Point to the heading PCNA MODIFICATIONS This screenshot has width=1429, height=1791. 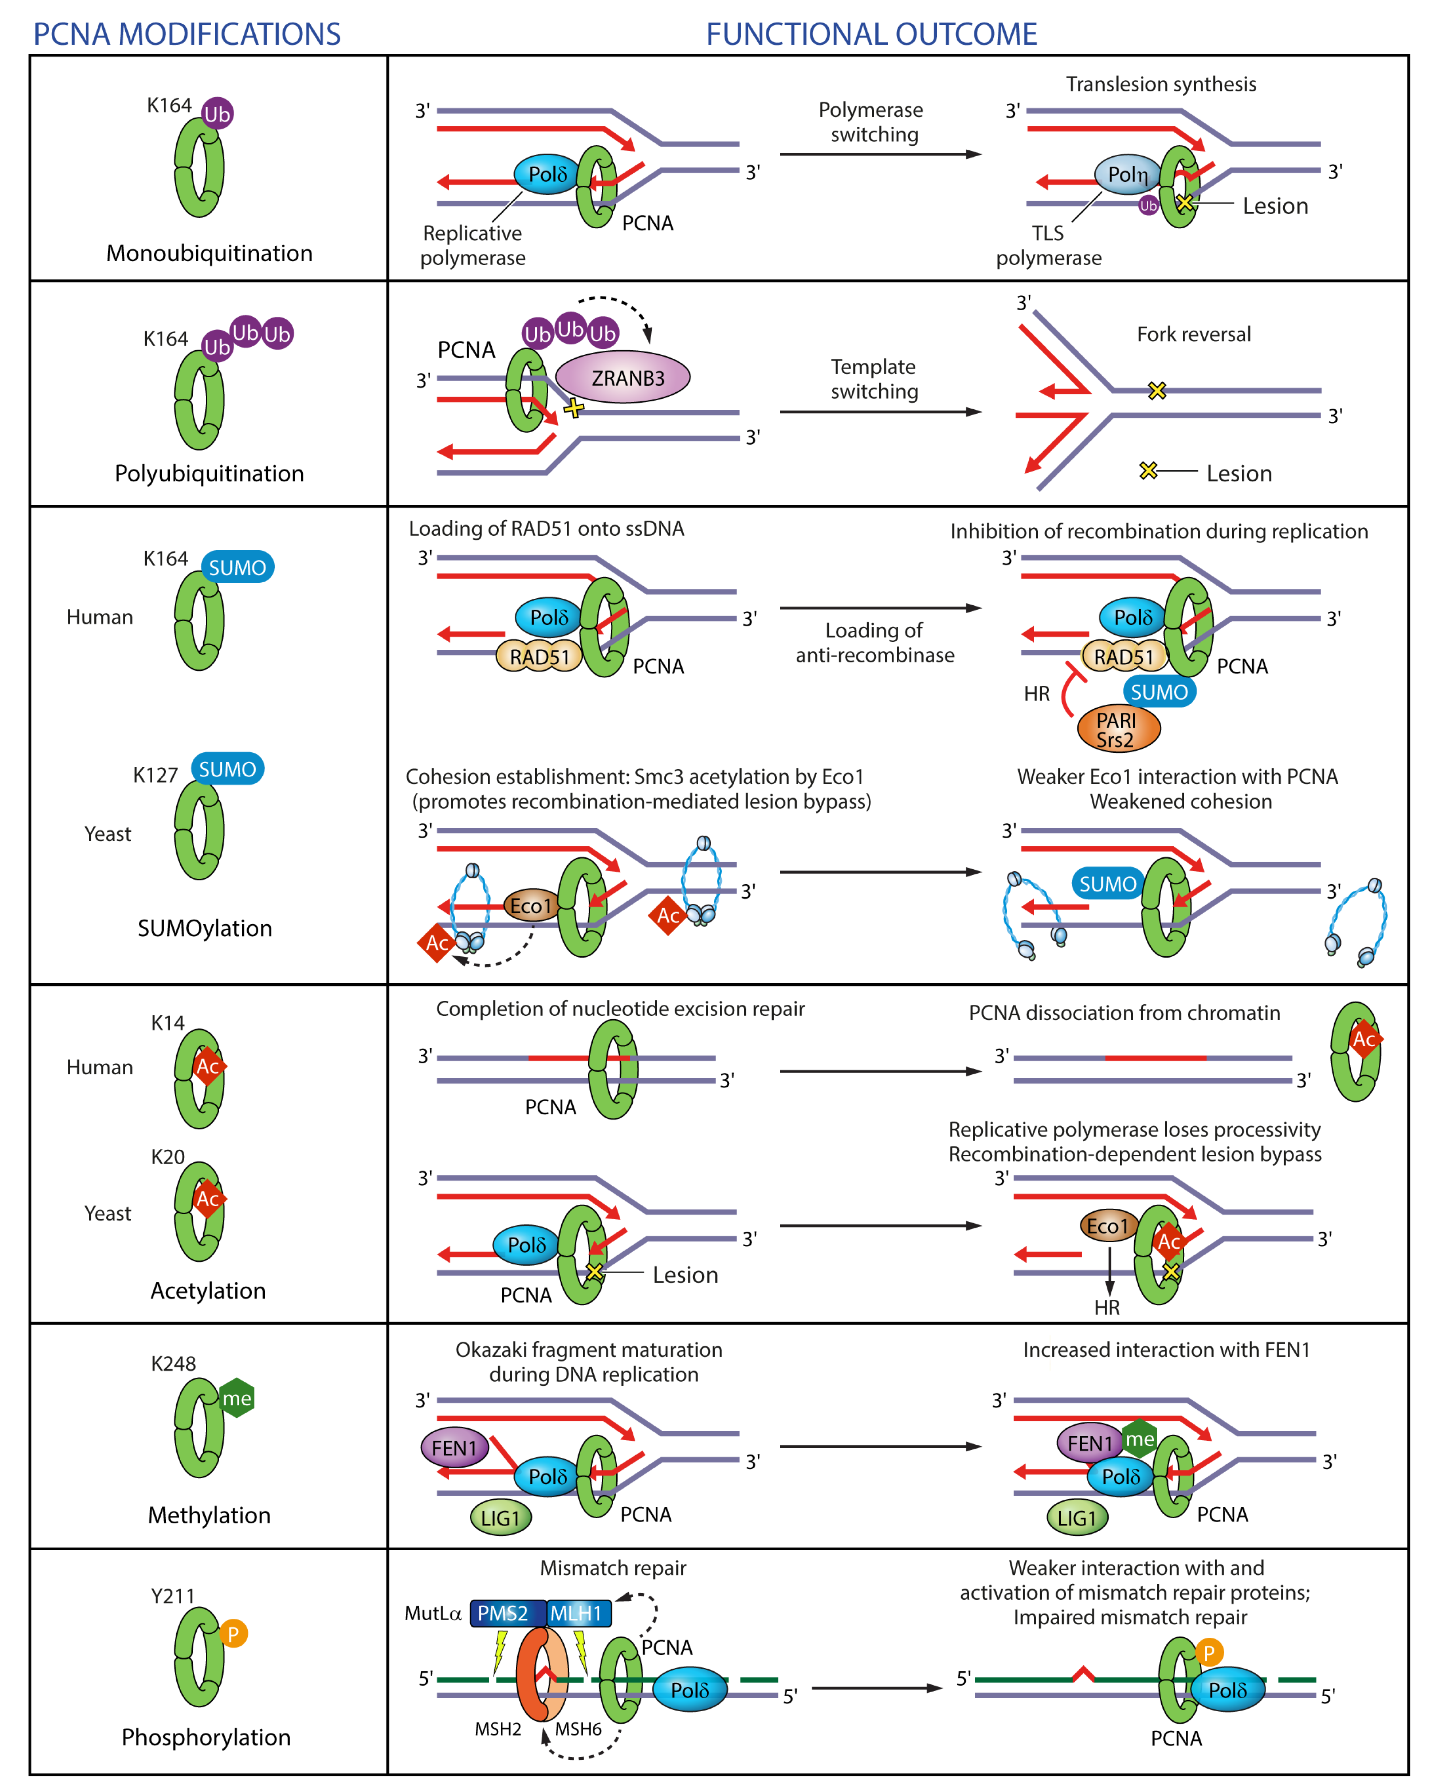(x=187, y=34)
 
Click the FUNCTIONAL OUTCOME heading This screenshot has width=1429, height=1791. (x=871, y=34)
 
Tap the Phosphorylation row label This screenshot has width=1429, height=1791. (x=206, y=1737)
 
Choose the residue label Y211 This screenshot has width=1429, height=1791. (x=173, y=1596)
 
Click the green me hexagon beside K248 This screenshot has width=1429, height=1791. (x=237, y=1398)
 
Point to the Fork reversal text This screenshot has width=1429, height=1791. (x=1193, y=334)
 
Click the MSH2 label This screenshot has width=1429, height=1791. (x=498, y=1729)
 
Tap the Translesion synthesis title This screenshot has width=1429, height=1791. (x=1161, y=84)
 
